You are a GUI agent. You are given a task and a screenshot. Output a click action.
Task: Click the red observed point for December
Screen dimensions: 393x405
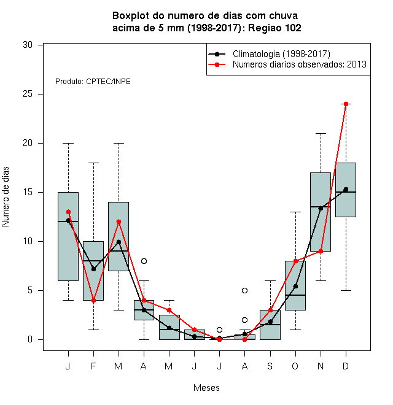(x=346, y=104)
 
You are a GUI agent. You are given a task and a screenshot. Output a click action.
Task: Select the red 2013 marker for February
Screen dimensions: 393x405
(x=93, y=301)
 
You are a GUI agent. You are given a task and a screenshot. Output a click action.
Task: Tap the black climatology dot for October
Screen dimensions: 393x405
(x=295, y=286)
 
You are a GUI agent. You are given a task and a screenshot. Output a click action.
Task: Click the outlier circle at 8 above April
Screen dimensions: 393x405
(x=144, y=261)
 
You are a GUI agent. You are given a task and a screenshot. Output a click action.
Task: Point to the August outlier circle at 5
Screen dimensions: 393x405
(x=244, y=291)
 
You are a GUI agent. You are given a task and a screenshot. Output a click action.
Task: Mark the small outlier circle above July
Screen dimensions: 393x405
(x=219, y=330)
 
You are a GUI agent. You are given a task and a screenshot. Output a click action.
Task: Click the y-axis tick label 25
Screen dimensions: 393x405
(x=28, y=94)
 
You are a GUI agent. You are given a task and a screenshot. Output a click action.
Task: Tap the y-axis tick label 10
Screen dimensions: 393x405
(x=28, y=241)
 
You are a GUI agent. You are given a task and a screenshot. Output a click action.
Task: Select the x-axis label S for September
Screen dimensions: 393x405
(x=270, y=366)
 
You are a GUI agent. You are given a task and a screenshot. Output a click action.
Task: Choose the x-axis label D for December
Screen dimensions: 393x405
(x=346, y=366)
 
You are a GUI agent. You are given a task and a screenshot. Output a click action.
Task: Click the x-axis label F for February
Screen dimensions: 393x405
(x=93, y=366)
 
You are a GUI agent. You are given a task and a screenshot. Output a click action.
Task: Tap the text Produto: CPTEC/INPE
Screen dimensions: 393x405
(x=93, y=82)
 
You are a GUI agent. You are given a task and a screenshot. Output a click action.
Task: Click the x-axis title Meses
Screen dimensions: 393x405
(x=206, y=388)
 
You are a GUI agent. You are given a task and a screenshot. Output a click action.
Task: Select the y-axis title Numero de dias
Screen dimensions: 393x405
(x=6, y=197)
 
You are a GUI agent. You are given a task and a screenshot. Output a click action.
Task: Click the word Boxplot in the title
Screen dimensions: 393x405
(x=131, y=16)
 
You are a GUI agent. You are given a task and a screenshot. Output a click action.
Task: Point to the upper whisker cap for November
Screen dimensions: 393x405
(x=321, y=134)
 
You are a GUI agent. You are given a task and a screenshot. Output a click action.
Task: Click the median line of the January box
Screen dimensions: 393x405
(x=68, y=222)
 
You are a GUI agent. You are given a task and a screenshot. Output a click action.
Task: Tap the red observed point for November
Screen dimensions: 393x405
(x=321, y=251)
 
